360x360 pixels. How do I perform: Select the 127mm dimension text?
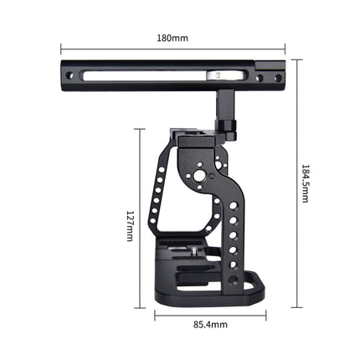pyautogui.click(x=130, y=224)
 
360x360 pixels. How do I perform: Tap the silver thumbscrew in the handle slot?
pyautogui.click(x=216, y=77)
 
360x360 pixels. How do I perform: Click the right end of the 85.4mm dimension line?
pyautogui.click(x=265, y=316)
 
